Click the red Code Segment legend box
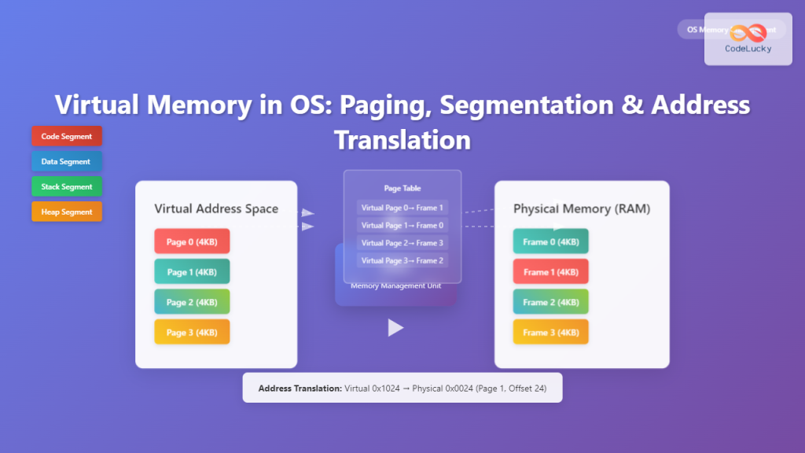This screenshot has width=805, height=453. click(x=67, y=136)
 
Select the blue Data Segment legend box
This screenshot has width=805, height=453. click(x=67, y=161)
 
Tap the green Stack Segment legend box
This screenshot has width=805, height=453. click(x=67, y=186)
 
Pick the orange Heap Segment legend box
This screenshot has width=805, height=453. click(x=67, y=212)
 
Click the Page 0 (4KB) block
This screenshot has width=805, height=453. click(x=192, y=241)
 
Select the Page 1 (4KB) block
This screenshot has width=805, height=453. click(x=192, y=271)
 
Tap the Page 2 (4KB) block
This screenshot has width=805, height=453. click(x=192, y=302)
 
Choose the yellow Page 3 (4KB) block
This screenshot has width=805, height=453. click(x=192, y=332)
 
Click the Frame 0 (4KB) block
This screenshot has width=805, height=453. click(x=550, y=241)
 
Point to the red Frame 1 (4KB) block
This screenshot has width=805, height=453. click(x=550, y=271)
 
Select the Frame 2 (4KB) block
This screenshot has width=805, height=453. click(x=550, y=302)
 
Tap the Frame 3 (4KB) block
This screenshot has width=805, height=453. click(x=550, y=332)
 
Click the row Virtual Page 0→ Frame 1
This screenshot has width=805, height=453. click(x=402, y=208)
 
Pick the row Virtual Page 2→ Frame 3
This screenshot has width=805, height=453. click(x=402, y=243)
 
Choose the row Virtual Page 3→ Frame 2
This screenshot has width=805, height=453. click(x=402, y=260)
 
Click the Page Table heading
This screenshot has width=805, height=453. click(x=402, y=189)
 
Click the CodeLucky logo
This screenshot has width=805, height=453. click(x=748, y=39)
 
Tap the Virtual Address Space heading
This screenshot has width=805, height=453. click(x=216, y=209)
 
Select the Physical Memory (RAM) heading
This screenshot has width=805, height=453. click(x=581, y=209)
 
